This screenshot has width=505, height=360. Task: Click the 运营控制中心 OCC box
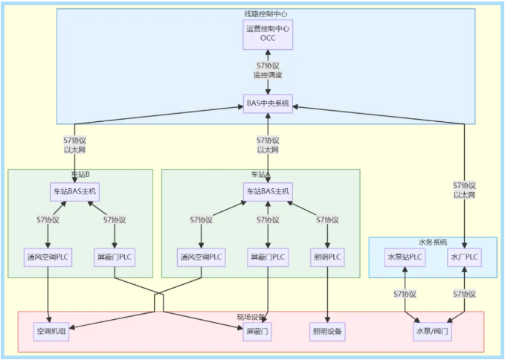tap(268, 34)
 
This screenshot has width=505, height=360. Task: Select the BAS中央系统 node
tap(268, 103)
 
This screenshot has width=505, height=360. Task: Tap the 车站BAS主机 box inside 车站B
tap(74, 191)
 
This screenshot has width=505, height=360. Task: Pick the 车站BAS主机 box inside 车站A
tap(268, 191)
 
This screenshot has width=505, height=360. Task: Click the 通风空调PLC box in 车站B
tap(48, 258)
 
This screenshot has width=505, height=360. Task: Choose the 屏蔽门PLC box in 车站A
tap(268, 258)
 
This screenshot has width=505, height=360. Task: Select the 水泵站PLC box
tap(405, 258)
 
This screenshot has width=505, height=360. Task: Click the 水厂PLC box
tap(464, 258)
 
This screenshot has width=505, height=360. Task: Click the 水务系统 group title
tap(432, 242)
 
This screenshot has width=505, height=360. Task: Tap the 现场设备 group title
tap(251, 317)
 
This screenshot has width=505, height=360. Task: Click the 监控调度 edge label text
tap(268, 75)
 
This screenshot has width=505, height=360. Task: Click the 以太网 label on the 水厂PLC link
tap(464, 195)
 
